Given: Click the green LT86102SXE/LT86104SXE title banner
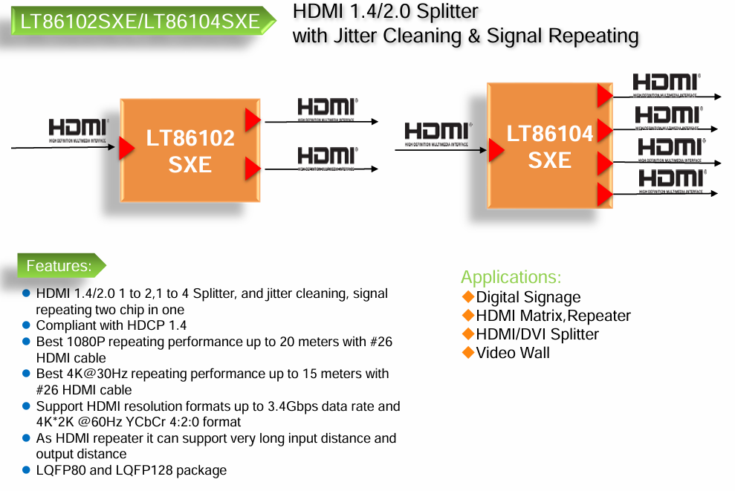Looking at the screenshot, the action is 140,22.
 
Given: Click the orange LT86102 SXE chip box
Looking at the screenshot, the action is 190,150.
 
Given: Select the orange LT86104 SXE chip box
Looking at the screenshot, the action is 549,146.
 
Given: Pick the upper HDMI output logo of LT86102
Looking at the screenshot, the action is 327,107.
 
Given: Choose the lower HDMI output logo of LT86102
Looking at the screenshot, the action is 327,156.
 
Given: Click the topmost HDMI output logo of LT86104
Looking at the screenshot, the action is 665,83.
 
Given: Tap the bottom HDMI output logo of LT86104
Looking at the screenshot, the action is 670,179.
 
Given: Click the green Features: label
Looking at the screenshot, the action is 59,265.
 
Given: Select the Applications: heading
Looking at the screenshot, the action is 511,278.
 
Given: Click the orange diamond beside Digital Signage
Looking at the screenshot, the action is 468,297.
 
